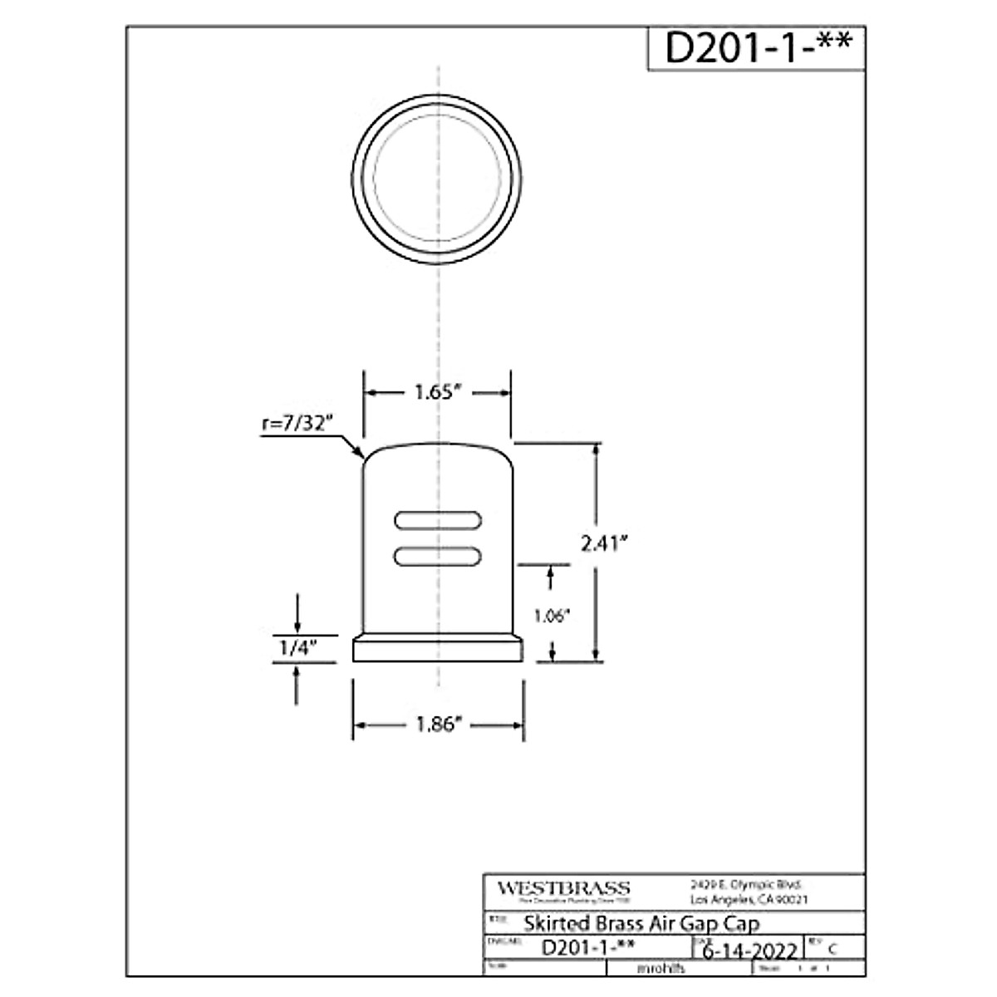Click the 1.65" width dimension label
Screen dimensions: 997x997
438,393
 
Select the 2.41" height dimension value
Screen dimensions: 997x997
603,543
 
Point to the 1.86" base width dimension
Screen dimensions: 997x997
438,725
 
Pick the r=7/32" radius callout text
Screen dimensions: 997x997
297,423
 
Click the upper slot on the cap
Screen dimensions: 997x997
438,520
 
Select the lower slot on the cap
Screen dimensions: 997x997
438,556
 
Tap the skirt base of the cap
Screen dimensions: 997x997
438,649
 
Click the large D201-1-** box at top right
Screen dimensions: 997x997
757,48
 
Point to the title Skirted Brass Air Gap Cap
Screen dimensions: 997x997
641,923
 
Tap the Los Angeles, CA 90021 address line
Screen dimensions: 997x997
749,900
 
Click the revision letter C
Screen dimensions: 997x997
832,950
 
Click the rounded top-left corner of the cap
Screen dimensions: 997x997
370,457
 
